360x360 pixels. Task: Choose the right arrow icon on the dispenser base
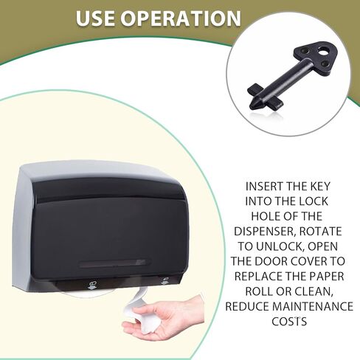tap(165, 280)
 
